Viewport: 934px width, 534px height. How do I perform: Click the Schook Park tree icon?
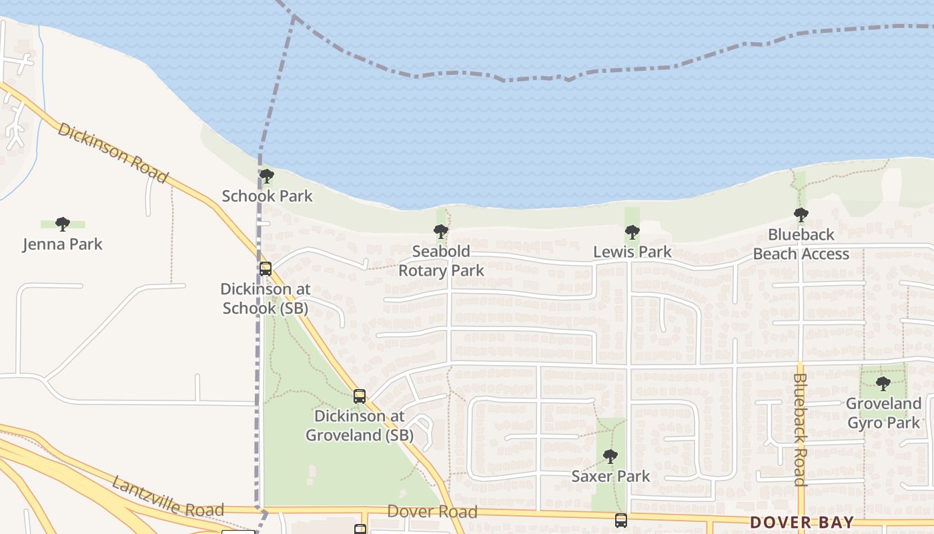267,177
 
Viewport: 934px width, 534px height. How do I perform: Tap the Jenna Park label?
63,244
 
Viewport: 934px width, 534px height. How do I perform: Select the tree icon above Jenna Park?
63,224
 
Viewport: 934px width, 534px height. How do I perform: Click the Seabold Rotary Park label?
441,261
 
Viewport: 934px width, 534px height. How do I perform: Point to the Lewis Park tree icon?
632,232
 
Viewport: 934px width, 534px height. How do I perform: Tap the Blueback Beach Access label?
801,244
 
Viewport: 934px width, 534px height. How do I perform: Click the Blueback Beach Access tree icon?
801,215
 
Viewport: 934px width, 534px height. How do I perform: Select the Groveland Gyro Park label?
883,413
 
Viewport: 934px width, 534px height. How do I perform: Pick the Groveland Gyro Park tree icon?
883,384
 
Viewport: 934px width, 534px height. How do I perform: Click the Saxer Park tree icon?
610,457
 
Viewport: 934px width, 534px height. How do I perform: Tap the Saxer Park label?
610,477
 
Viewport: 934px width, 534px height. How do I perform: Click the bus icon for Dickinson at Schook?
266,269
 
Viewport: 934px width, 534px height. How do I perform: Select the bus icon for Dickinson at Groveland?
360,396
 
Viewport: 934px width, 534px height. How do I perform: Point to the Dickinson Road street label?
112,152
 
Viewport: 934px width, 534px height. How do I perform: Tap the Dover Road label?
432,512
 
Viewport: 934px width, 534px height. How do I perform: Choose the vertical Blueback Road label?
801,429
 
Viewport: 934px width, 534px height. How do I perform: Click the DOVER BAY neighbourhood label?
801,522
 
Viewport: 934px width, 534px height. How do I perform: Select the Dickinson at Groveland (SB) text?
360,426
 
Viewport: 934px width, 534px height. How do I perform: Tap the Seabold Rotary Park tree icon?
440,232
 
